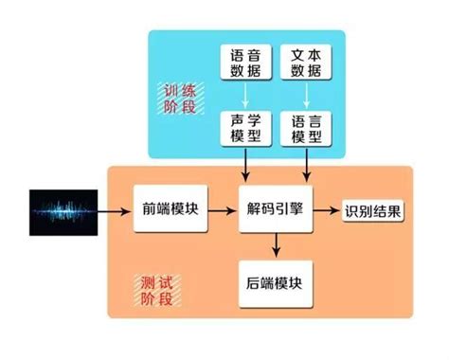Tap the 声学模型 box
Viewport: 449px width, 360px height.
coord(245,130)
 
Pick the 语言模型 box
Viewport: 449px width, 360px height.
coord(307,130)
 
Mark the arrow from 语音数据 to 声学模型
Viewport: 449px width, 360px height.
coord(245,97)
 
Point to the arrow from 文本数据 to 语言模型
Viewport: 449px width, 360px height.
coord(307,97)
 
